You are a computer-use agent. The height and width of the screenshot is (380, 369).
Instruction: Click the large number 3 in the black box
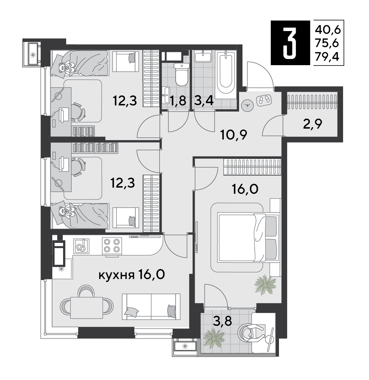290,43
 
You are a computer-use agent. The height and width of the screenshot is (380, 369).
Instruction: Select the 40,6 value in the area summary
328,30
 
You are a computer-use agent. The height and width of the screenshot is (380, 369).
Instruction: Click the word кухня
117,275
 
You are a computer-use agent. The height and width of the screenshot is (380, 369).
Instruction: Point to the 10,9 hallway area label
234,135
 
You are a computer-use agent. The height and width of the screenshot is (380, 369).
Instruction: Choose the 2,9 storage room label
312,124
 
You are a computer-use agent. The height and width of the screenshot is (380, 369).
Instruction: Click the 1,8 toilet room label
178,101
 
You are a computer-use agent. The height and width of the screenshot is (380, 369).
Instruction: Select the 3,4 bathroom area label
204,101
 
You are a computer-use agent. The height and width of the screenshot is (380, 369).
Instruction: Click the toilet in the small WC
181,74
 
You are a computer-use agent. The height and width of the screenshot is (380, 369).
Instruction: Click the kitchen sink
81,246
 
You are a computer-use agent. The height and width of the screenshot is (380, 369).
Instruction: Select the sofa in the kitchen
151,307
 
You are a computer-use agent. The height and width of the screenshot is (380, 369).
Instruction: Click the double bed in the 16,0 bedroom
248,237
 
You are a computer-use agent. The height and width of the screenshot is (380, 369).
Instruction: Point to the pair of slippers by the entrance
264,99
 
